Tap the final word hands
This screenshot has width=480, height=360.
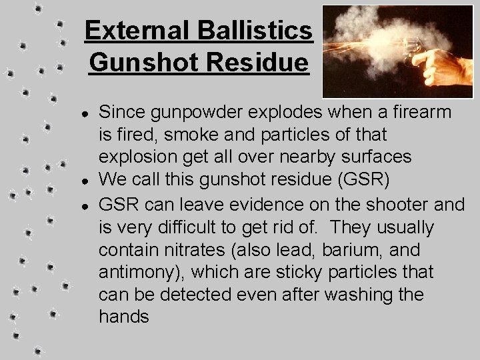click(x=124, y=317)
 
